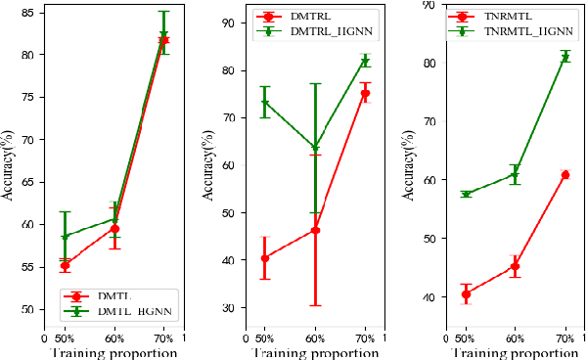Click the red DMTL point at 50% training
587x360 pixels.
pyautogui.click(x=65, y=265)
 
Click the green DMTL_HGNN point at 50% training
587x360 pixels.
pyautogui.click(x=65, y=237)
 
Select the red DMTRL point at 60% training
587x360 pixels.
pyautogui.click(x=315, y=230)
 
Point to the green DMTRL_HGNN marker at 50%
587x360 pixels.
pyautogui.click(x=264, y=103)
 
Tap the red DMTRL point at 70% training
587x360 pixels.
pyautogui.click(x=365, y=93)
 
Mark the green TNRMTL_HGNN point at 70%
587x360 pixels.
pyautogui.click(x=564, y=58)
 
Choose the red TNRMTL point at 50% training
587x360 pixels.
pyautogui.click(x=466, y=293)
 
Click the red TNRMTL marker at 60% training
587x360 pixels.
pyautogui.click(x=515, y=266)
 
